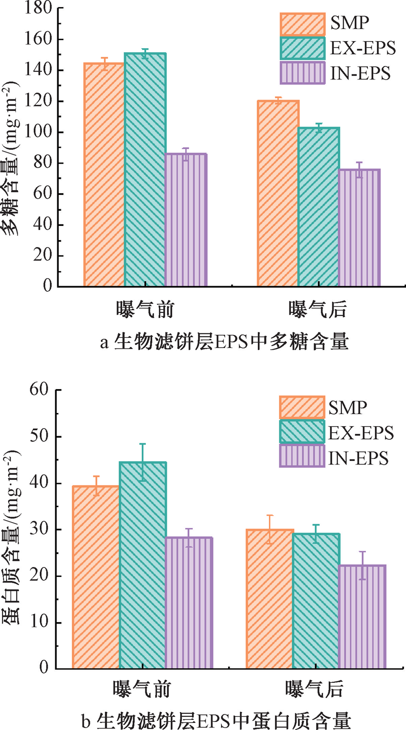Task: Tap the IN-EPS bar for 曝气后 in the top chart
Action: tap(359, 228)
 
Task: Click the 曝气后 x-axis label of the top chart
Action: tap(318, 310)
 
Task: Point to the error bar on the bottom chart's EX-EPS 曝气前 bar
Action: tap(143, 462)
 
